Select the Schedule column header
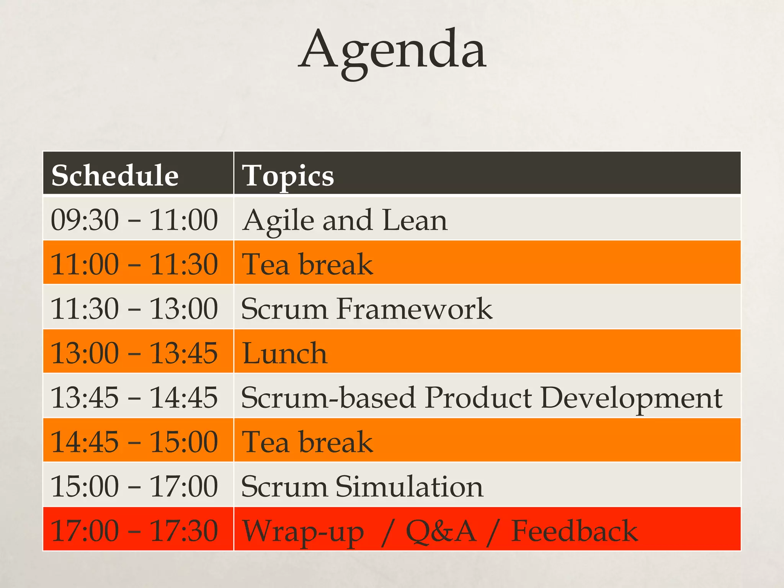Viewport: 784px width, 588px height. point(115,175)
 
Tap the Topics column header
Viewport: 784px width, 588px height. point(288,175)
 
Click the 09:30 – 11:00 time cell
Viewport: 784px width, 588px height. point(134,220)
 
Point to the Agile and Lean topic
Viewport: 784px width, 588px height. point(345,220)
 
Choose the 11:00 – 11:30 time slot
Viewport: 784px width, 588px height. point(134,264)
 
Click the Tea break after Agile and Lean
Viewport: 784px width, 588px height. point(307,264)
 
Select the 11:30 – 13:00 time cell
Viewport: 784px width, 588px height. point(134,309)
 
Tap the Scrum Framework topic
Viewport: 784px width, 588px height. point(366,309)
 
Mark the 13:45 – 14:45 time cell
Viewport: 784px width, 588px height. point(134,397)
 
